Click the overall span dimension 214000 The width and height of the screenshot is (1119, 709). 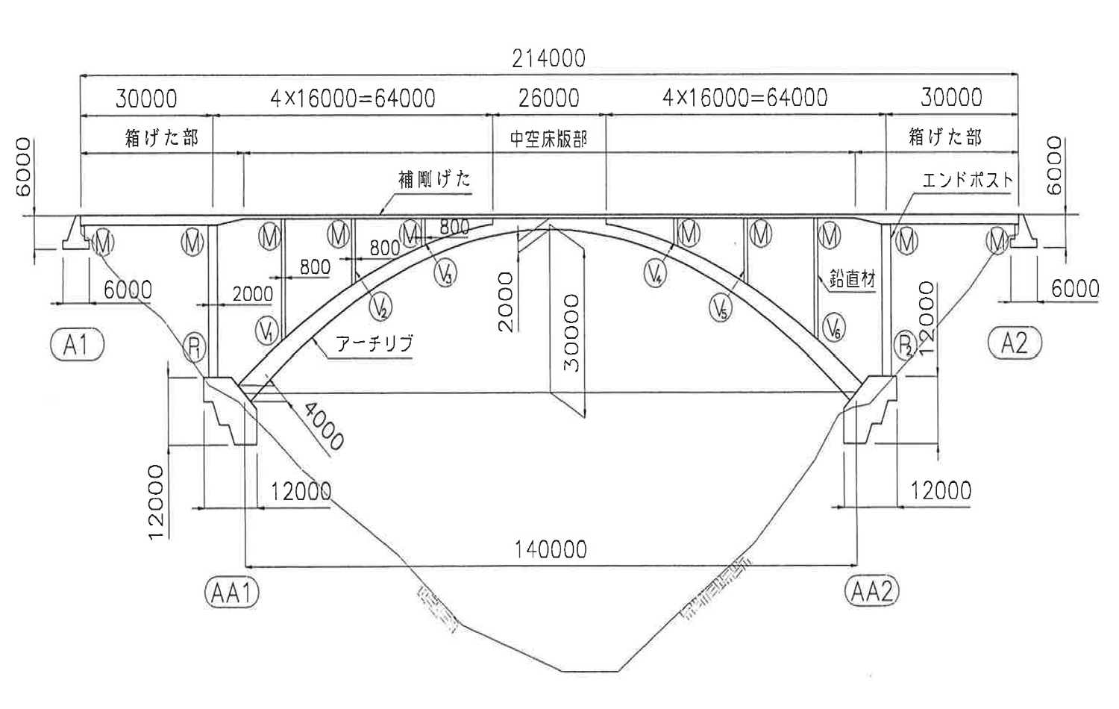pyautogui.click(x=548, y=58)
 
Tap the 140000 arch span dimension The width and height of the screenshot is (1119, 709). pyautogui.click(x=551, y=550)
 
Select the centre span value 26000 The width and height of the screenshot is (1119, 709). pyautogui.click(x=548, y=98)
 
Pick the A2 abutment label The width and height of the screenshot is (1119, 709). pyautogui.click(x=1014, y=343)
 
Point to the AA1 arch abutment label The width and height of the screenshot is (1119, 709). pyautogui.click(x=231, y=593)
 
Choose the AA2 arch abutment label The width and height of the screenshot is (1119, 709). pyautogui.click(x=871, y=592)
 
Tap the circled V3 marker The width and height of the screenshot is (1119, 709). pyautogui.click(x=445, y=272)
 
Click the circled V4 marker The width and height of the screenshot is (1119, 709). pyautogui.click(x=656, y=272)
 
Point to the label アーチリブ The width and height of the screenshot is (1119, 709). pyautogui.click(x=374, y=344)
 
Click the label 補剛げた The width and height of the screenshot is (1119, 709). pyautogui.click(x=434, y=180)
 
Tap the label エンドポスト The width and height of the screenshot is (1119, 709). pyautogui.click(x=968, y=180)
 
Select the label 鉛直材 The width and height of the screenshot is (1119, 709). pyautogui.click(x=852, y=280)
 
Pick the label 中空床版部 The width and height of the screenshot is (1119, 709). pyautogui.click(x=548, y=139)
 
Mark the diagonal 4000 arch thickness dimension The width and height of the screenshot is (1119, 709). pyautogui.click(x=323, y=427)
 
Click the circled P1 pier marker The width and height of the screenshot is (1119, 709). pyautogui.click(x=194, y=347)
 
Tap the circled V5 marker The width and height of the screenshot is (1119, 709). pyautogui.click(x=720, y=307)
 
